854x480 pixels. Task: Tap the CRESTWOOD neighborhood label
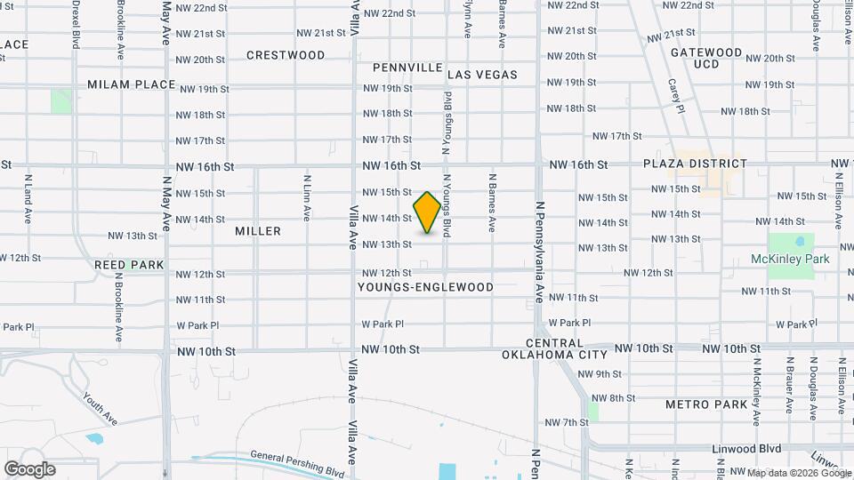pyautogui.click(x=286, y=55)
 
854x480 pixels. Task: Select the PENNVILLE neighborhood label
pyautogui.click(x=407, y=68)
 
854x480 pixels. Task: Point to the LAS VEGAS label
pyautogui.click(x=482, y=75)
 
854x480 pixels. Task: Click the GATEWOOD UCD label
pyautogui.click(x=706, y=59)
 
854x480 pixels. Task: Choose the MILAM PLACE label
pyautogui.click(x=132, y=84)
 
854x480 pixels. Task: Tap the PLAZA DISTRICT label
pyautogui.click(x=696, y=164)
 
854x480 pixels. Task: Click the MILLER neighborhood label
pyautogui.click(x=258, y=231)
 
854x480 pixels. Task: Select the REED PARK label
pyautogui.click(x=129, y=265)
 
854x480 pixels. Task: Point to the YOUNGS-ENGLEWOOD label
pyautogui.click(x=425, y=288)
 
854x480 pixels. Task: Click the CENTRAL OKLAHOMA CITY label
pyautogui.click(x=567, y=348)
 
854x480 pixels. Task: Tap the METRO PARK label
pyautogui.click(x=706, y=404)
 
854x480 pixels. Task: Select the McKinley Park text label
pyautogui.click(x=790, y=259)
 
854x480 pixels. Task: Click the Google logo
pyautogui.click(x=29, y=469)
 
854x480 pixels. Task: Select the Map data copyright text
pyautogui.click(x=799, y=472)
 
